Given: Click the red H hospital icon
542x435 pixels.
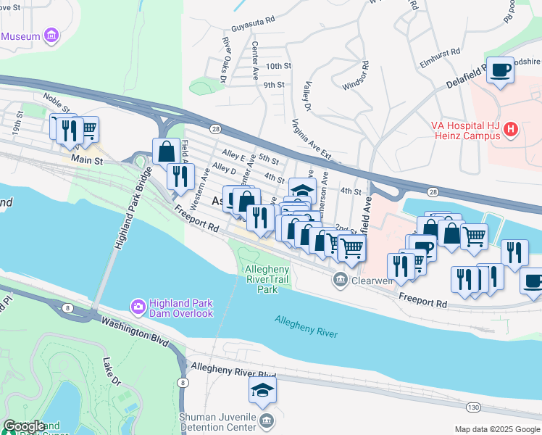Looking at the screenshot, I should click(x=512, y=130).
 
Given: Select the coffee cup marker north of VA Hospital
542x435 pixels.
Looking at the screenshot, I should click(x=500, y=70).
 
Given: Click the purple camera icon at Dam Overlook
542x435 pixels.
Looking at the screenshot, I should click(x=138, y=307).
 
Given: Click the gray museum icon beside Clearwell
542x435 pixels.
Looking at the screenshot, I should click(x=339, y=279).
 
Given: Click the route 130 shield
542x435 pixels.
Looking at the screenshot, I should click(x=472, y=408).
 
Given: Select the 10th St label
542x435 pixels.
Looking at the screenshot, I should click(x=278, y=66).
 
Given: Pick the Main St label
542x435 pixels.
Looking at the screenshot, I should click(x=86, y=159).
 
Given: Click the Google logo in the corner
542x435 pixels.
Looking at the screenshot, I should click(x=24, y=426).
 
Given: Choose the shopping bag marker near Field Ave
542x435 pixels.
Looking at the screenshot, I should click(x=166, y=151).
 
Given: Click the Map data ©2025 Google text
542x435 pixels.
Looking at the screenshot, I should click(x=496, y=429).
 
